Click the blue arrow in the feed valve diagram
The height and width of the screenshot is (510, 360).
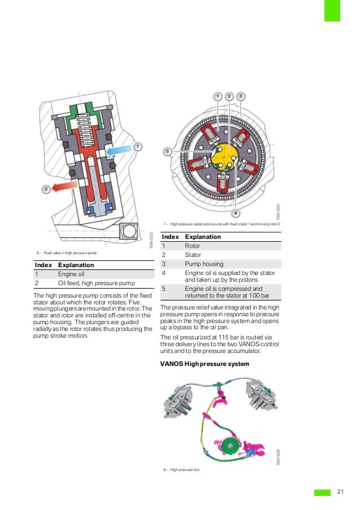click(x=119, y=151)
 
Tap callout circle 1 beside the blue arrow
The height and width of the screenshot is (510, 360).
click(x=137, y=146)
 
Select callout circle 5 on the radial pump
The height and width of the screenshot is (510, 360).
click(x=167, y=151)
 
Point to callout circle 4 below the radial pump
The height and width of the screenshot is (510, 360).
click(x=235, y=213)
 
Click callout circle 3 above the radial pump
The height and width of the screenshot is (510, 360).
click(x=240, y=96)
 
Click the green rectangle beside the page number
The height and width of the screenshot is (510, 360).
click(x=322, y=492)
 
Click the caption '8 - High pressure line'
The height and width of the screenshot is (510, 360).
click(x=181, y=469)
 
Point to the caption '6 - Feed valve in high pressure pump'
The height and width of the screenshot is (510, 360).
click(x=67, y=252)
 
